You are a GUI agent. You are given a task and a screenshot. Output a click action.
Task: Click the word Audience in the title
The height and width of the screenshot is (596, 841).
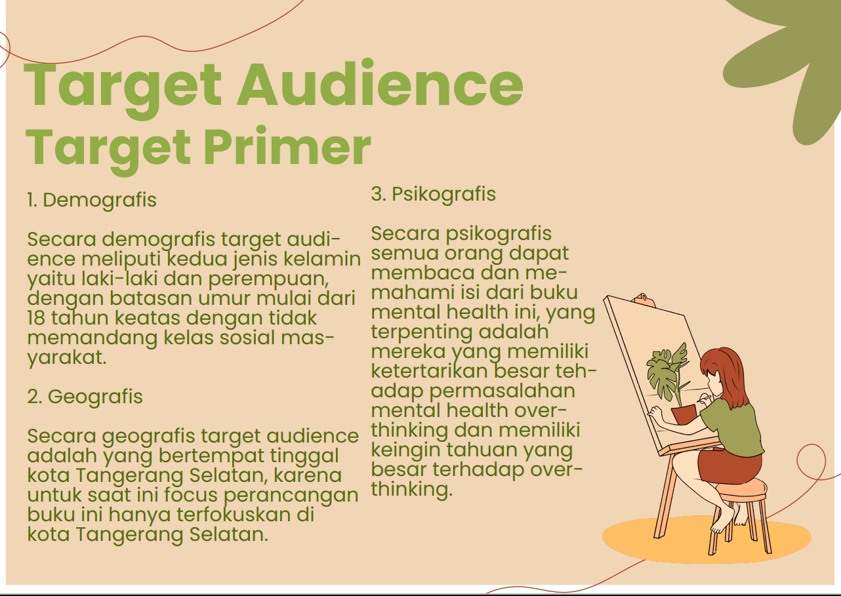[380, 85]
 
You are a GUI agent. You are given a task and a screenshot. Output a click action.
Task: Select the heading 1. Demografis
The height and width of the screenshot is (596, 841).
[92, 200]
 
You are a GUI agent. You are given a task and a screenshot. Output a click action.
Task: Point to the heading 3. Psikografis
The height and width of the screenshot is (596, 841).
[434, 195]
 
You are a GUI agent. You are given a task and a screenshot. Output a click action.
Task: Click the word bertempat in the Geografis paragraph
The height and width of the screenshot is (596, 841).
[211, 456]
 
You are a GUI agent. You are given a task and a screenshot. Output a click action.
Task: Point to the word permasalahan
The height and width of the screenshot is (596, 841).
[502, 391]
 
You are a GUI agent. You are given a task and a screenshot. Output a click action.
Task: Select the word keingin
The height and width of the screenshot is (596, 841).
[406, 450]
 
